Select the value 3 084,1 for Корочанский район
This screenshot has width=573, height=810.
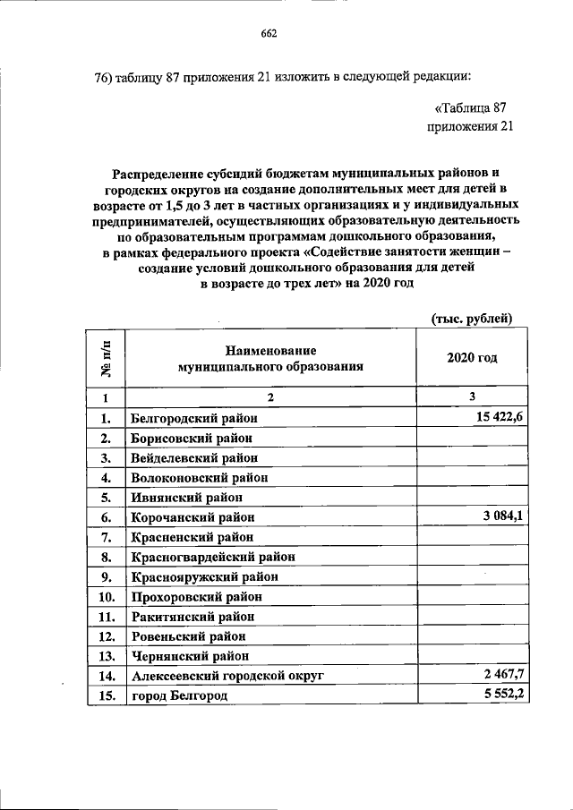[498, 517]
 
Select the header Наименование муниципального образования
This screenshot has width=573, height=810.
[270, 358]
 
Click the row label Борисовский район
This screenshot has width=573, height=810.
[191, 438]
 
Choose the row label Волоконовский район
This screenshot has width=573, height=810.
[198, 477]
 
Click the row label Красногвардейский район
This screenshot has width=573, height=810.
[212, 557]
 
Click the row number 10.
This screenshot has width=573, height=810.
[106, 596]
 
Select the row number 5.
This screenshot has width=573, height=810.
[106, 497]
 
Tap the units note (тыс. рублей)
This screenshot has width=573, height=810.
[471, 318]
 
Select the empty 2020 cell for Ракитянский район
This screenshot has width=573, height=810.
[472, 616]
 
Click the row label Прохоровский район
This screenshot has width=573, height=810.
[197, 596]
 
